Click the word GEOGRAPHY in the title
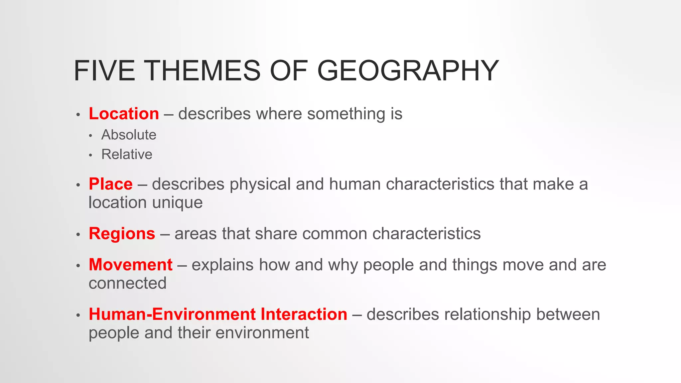(x=408, y=70)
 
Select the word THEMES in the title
(x=203, y=70)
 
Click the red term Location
(x=124, y=114)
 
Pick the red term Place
(x=111, y=184)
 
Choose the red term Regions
(x=122, y=233)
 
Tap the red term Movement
(x=130, y=265)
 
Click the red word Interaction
(x=304, y=314)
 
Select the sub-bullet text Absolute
(x=129, y=135)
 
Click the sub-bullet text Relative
(x=127, y=154)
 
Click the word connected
(x=127, y=283)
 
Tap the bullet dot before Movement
(x=78, y=266)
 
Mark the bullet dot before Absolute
(x=90, y=136)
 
